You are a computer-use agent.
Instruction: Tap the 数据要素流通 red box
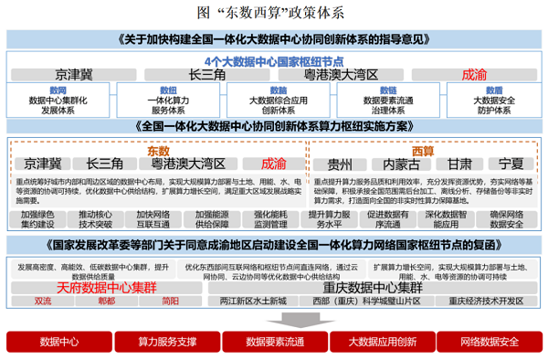(274, 342)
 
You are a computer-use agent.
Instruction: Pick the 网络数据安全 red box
(489, 342)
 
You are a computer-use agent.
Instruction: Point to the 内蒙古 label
(401, 164)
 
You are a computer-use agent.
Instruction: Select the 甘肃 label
(459, 164)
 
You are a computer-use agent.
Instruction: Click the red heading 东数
(158, 149)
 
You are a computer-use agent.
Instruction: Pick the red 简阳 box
(170, 301)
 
